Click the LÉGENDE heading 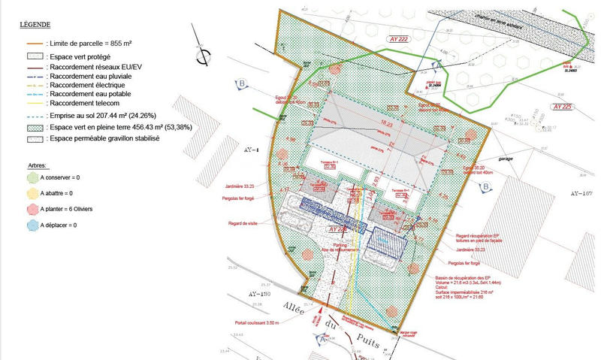[x=35, y=25]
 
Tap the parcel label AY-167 [x=583, y=194]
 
